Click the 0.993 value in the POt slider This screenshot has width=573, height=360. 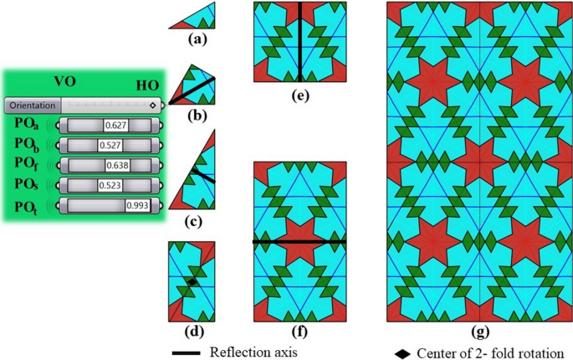click(x=136, y=205)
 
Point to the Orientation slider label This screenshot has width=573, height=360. click(x=33, y=105)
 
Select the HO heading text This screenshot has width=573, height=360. click(x=148, y=85)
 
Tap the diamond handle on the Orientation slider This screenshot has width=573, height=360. click(x=152, y=105)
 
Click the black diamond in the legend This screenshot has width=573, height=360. click(x=405, y=352)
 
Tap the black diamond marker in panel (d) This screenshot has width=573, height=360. click(x=192, y=283)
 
